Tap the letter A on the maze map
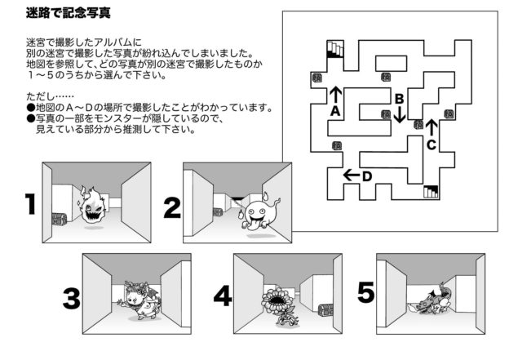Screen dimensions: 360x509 point(334,112)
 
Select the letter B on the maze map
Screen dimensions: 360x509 point(399,99)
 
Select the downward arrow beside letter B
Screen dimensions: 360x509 point(399,114)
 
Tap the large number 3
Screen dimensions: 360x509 point(71,299)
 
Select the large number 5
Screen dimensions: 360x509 point(366,291)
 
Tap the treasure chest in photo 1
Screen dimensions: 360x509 point(58,218)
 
